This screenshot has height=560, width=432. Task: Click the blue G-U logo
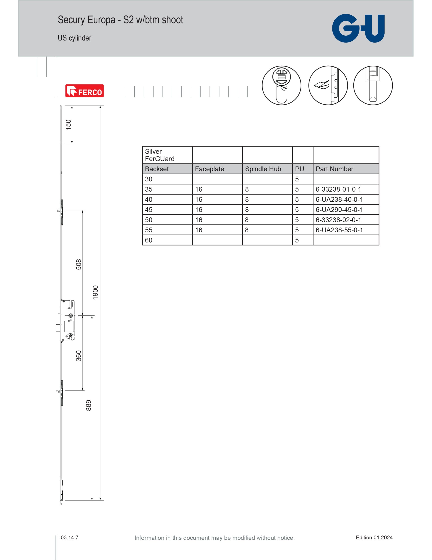(x=358, y=28)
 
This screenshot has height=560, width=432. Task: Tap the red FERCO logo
(x=85, y=91)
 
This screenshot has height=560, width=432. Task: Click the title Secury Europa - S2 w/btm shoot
(x=120, y=20)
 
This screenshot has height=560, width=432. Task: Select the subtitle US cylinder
(x=74, y=38)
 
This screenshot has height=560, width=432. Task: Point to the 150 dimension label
(x=68, y=125)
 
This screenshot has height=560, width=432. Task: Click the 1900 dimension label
(x=95, y=292)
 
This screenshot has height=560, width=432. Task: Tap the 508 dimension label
(x=79, y=264)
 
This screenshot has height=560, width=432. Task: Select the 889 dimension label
(x=88, y=405)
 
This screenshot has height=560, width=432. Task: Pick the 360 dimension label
(x=79, y=356)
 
